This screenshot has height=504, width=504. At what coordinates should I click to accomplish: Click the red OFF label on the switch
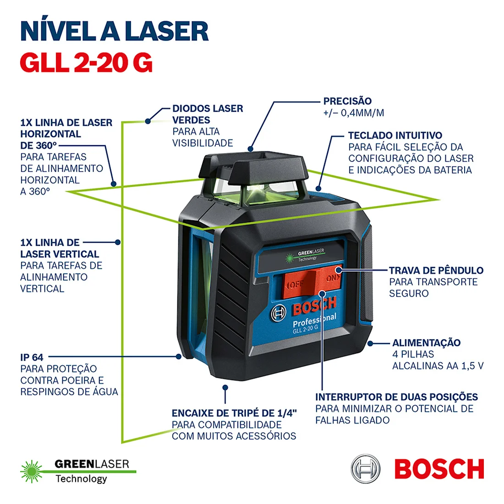(x=296, y=285)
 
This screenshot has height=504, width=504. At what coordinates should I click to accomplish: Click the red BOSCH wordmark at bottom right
(x=439, y=469)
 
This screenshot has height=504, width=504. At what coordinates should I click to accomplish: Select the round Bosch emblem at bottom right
(x=366, y=469)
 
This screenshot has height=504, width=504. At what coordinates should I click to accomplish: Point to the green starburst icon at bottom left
(x=31, y=471)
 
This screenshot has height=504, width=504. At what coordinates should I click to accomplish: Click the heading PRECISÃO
(x=347, y=101)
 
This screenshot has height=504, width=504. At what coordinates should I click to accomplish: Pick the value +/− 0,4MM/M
(x=353, y=113)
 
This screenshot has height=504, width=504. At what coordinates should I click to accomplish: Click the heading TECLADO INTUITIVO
(x=395, y=136)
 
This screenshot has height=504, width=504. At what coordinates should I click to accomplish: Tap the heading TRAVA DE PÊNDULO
(x=436, y=270)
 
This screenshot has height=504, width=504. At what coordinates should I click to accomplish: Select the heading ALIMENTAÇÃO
(x=426, y=343)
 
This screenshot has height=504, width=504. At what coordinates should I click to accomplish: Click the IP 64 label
(x=32, y=357)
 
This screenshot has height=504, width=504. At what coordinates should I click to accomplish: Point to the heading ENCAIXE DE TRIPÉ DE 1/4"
(x=234, y=413)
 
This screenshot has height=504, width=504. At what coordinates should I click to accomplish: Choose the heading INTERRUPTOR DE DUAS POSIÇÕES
(x=396, y=397)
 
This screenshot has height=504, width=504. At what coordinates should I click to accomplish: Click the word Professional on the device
(x=314, y=320)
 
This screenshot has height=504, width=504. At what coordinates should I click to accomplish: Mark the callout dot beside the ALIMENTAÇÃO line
(x=371, y=343)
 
